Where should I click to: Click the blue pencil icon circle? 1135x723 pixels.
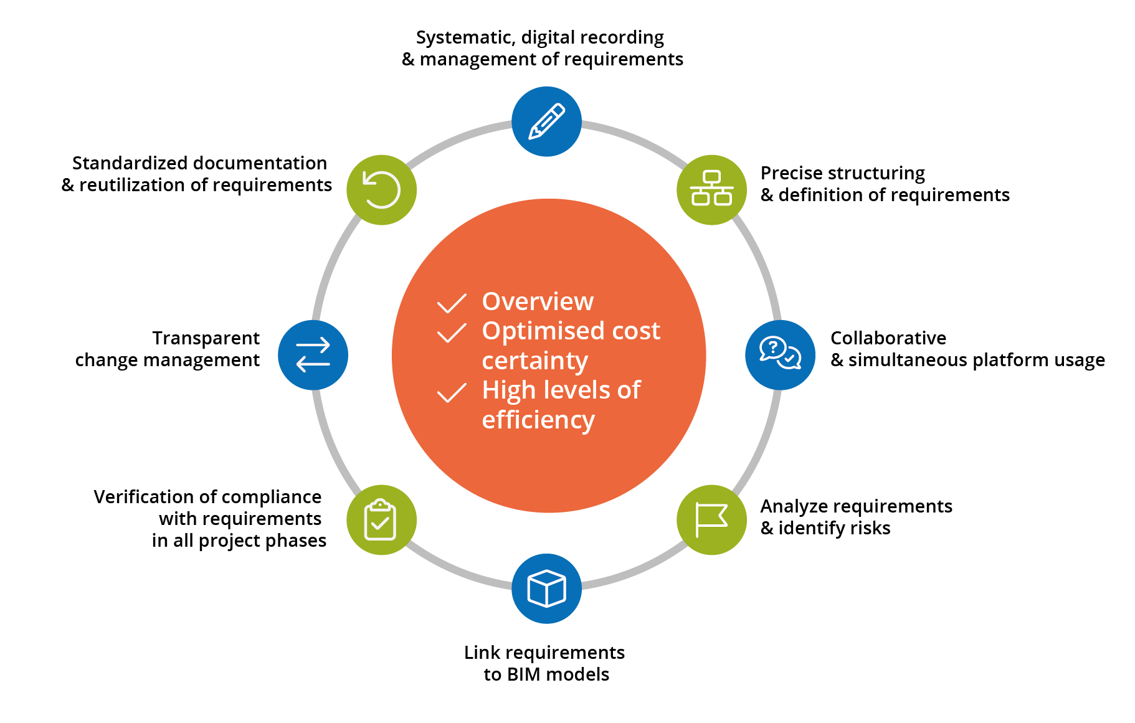(x=546, y=121)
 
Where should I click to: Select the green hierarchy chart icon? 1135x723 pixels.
(x=711, y=189)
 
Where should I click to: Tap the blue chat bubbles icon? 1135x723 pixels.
(x=780, y=355)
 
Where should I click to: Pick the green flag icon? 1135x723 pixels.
(x=711, y=520)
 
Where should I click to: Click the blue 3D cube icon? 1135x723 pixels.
(x=546, y=588)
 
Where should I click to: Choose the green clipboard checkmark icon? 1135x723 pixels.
(x=381, y=520)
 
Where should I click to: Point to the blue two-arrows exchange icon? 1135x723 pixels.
(x=313, y=355)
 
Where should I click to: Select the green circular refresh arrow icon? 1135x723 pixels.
(x=381, y=189)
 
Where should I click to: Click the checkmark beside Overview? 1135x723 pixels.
(x=452, y=303)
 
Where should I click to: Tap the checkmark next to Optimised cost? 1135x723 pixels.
(x=452, y=333)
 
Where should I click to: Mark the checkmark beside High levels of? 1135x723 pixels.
(x=452, y=392)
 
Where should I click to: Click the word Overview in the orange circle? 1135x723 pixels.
(x=538, y=301)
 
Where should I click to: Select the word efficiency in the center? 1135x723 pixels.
(x=538, y=420)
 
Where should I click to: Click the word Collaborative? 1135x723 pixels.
(x=888, y=338)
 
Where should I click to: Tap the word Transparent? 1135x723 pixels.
(x=206, y=338)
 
